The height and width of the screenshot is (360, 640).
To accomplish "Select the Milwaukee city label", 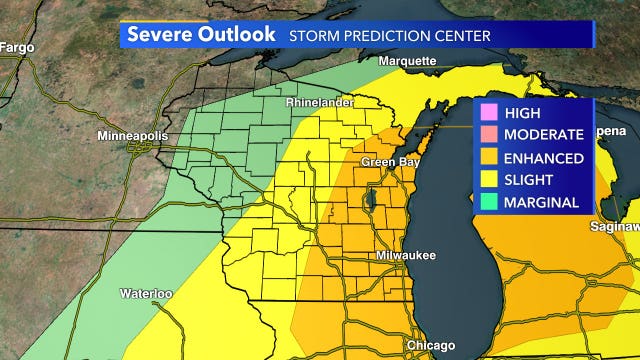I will click(406, 256).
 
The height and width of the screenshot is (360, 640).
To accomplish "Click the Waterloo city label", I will click(146, 294).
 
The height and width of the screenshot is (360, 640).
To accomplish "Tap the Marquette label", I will click(407, 61).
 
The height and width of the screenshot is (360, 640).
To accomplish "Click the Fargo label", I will click(15, 46).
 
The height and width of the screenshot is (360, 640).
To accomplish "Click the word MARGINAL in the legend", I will click(541, 201).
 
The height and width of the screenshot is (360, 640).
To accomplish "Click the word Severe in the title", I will click(160, 34).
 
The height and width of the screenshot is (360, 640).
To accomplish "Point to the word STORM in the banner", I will click(314, 35).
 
